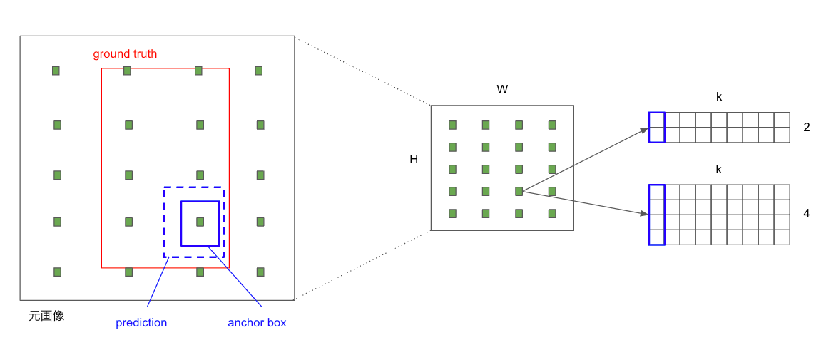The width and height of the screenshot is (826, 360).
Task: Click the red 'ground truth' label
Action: pyautogui.click(x=125, y=54)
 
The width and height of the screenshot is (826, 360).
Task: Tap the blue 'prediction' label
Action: pyautogui.click(x=141, y=323)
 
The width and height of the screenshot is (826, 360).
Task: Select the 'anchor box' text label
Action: pyautogui.click(x=257, y=323)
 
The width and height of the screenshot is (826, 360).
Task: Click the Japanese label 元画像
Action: pyautogui.click(x=46, y=316)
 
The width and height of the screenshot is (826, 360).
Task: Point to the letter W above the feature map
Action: pyautogui.click(x=502, y=90)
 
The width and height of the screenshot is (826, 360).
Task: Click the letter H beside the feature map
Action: pyautogui.click(x=414, y=160)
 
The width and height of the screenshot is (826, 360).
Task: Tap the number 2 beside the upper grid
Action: pyautogui.click(x=807, y=128)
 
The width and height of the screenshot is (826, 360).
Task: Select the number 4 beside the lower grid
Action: pyautogui.click(x=807, y=213)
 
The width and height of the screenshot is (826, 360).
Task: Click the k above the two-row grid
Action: pyautogui.click(x=719, y=97)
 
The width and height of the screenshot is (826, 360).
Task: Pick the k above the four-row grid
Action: pyautogui.click(x=719, y=170)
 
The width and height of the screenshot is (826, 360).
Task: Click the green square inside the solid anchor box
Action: pyautogui.click(x=200, y=222)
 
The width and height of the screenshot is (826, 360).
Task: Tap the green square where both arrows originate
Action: pyautogui.click(x=519, y=191)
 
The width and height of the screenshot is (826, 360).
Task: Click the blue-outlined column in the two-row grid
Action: pyautogui.click(x=657, y=128)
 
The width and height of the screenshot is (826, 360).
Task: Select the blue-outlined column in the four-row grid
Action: pyautogui.click(x=657, y=215)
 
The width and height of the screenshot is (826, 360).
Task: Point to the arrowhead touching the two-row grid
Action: pyautogui.click(x=645, y=130)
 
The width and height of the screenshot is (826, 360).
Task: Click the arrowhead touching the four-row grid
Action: pyautogui.click(x=645, y=212)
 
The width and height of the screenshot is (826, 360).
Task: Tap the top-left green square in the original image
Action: pyautogui.click(x=56, y=71)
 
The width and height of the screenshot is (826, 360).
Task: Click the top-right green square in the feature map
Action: pyautogui.click(x=552, y=125)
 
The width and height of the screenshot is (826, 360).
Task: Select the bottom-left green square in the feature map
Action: pyautogui.click(x=452, y=213)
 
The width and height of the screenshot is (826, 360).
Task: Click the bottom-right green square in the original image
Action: pyautogui.click(x=260, y=272)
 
